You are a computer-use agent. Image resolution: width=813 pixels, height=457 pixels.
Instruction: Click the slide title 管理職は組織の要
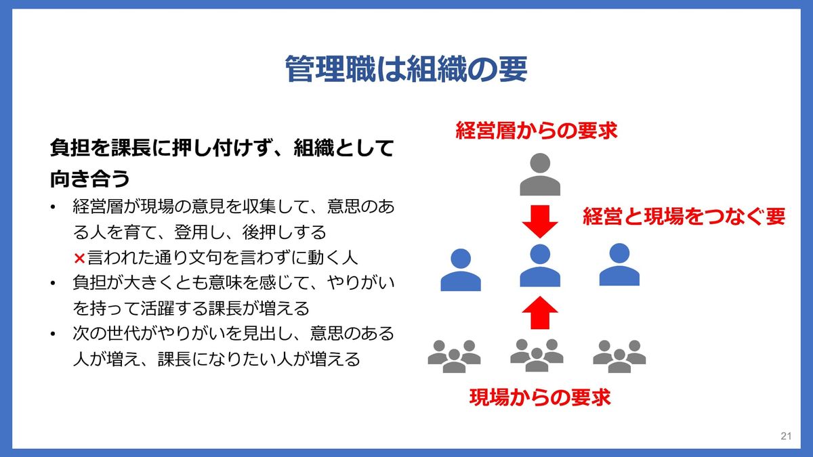pyautogui.click(x=406, y=69)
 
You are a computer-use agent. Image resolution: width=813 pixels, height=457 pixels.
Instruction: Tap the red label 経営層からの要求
pyautogui.click(x=537, y=131)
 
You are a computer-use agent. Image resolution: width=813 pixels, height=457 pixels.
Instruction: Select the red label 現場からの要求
pyautogui.click(x=540, y=397)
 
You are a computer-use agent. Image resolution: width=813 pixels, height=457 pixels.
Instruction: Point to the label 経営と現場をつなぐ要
pyautogui.click(x=684, y=217)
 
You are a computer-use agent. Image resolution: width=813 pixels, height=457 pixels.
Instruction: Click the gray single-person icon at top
pyautogui.click(x=540, y=174)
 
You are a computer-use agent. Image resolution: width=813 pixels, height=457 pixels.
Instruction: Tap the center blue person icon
pyautogui.click(x=540, y=266)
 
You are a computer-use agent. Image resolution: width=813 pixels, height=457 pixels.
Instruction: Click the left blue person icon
pyautogui.click(x=461, y=269)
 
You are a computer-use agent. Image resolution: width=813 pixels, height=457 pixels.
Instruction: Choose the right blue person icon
pyautogui.click(x=619, y=265)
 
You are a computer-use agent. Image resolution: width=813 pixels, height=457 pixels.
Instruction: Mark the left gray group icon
pyautogui.click(x=454, y=355)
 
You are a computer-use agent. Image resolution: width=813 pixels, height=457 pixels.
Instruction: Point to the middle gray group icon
pyautogui.click(x=537, y=355)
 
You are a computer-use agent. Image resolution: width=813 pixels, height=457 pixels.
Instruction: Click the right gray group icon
pyautogui.click(x=619, y=355)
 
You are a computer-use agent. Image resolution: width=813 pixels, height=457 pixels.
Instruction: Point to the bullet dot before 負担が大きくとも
pyautogui.click(x=54, y=284)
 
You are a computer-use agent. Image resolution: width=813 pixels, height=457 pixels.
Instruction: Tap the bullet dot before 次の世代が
pyautogui.click(x=54, y=334)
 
